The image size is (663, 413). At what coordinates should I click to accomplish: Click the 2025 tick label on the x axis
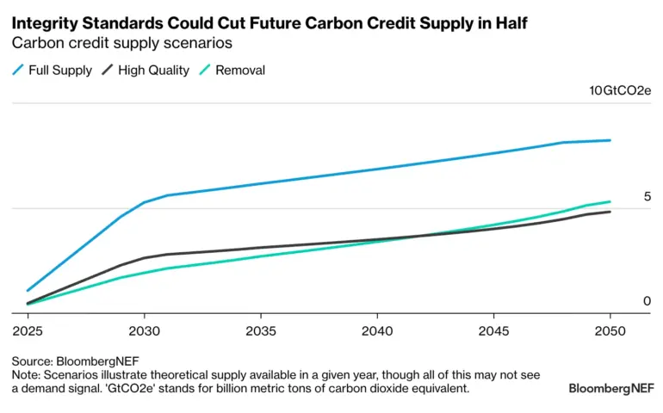tap(26, 331)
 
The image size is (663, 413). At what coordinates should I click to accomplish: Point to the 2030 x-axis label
tap(143, 331)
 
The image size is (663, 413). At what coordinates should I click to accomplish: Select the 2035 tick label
tap(260, 331)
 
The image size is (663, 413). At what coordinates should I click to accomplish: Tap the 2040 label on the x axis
tap(377, 331)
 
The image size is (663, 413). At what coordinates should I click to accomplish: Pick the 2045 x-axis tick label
tap(494, 331)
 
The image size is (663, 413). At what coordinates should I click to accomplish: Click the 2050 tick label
tap(610, 331)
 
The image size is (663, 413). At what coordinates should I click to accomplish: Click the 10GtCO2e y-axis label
tap(620, 91)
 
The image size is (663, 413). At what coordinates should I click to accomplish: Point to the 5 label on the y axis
tap(647, 197)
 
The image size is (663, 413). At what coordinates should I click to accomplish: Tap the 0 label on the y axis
tap(647, 301)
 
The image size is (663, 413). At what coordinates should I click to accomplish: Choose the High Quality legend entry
tap(153, 71)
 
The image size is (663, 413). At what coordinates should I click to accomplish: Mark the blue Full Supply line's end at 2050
tap(610, 140)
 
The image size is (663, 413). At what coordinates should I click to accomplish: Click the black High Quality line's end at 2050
tap(610, 212)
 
